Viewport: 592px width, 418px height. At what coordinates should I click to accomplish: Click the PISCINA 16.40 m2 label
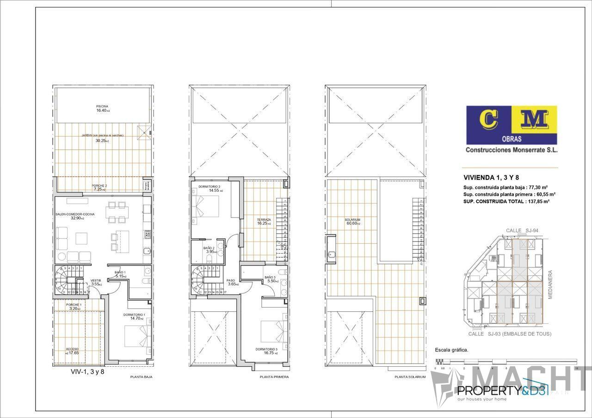coord(102,109)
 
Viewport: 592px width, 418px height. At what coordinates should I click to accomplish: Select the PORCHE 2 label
coord(99,187)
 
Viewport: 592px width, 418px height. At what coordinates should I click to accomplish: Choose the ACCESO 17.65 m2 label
coord(72,351)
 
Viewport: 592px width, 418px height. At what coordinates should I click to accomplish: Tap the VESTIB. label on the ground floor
coord(96,282)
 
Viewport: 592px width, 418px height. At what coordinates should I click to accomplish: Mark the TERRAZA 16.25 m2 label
coord(264,222)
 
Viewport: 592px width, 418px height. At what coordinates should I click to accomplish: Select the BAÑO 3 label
coord(271,279)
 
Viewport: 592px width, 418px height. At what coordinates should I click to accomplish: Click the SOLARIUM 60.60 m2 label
coord(352,221)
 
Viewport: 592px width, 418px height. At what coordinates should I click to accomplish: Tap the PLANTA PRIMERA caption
coord(274,377)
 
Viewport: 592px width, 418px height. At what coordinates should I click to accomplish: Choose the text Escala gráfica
coord(451,350)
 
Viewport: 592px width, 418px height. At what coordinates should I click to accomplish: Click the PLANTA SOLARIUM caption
coord(410,377)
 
